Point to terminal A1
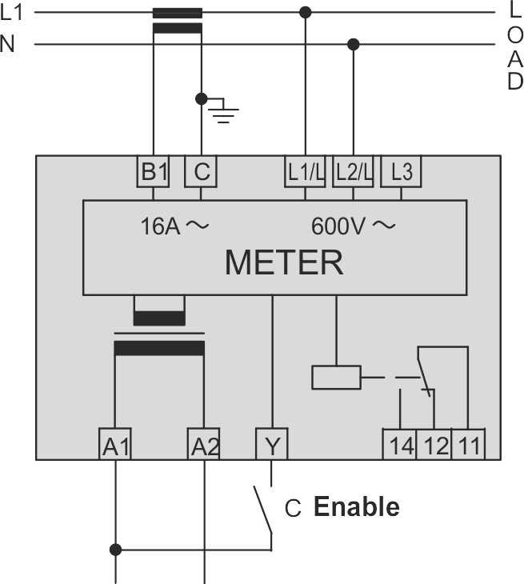pyautogui.click(x=116, y=445)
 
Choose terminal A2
pyautogui.click(x=204, y=445)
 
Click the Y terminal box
pyautogui.click(x=272, y=445)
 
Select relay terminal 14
pyautogui.click(x=400, y=445)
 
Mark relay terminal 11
pyautogui.click(x=468, y=445)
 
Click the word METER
pyautogui.click(x=284, y=262)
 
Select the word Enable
pyautogui.click(x=356, y=506)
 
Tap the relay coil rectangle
pyautogui.click(x=336, y=377)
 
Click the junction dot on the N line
pyautogui.click(x=353, y=43)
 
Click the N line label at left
pyautogui.click(x=8, y=43)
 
